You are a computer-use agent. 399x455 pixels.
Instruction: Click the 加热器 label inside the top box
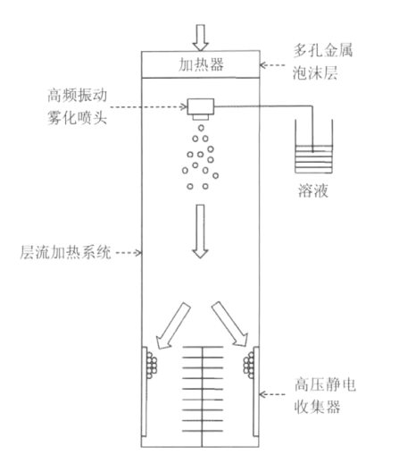[x=201, y=64]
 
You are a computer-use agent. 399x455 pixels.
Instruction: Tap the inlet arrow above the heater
[x=200, y=38]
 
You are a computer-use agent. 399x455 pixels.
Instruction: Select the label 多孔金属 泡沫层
[x=323, y=62]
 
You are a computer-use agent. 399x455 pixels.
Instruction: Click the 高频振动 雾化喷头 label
[x=77, y=106]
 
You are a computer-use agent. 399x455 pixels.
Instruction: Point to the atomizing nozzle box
[x=201, y=106]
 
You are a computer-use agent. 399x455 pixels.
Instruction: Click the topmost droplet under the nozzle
[x=201, y=128]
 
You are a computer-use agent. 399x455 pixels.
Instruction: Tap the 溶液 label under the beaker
[x=313, y=190]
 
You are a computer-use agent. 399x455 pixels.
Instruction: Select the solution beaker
[x=313, y=147]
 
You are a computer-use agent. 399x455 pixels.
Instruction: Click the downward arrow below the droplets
[x=200, y=232]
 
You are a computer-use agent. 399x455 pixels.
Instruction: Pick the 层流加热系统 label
[x=65, y=253]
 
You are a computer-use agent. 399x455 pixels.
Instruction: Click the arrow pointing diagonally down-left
[x=173, y=325]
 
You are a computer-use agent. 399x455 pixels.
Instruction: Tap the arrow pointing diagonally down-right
[x=230, y=324]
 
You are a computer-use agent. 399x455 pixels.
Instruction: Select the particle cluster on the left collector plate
[x=152, y=366]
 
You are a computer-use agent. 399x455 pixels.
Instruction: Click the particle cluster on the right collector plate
[x=249, y=365]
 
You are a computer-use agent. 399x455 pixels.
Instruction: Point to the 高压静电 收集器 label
[x=325, y=395]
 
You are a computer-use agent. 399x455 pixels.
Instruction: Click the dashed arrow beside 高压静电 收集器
[x=272, y=394]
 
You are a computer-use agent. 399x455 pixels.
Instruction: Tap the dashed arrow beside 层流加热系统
[x=129, y=253]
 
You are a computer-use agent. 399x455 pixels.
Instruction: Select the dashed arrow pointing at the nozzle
[x=148, y=106]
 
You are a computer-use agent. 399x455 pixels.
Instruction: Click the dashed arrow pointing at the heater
[x=272, y=65]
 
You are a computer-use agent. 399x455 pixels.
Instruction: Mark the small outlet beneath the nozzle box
[x=201, y=117]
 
